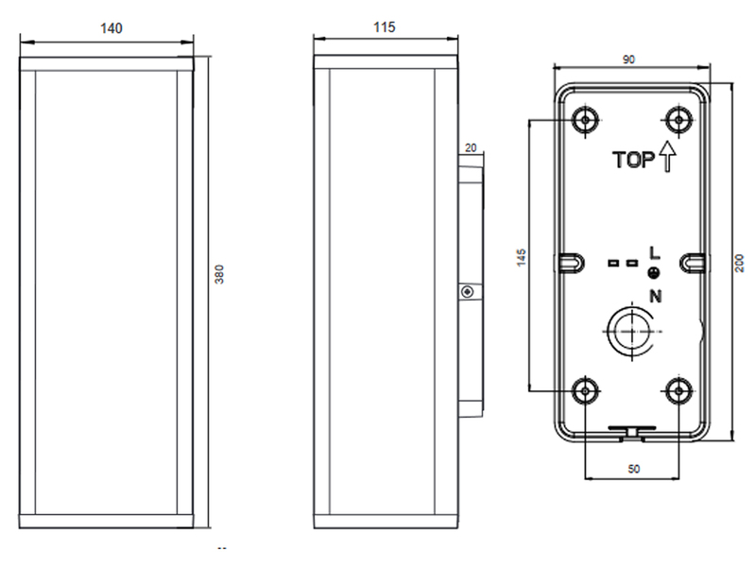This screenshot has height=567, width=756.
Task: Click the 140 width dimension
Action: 112,28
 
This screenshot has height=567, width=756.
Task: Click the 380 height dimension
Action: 219,274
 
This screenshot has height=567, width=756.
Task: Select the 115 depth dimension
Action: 385,27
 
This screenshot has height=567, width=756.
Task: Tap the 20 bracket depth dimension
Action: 471,147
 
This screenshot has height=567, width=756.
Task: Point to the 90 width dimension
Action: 628,60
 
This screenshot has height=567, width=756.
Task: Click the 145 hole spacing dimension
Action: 522,257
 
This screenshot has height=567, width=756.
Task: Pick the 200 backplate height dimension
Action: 739,263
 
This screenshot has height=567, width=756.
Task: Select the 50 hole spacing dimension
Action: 634,469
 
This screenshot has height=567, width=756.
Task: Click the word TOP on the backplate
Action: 633,160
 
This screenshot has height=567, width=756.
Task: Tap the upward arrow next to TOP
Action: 667,156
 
